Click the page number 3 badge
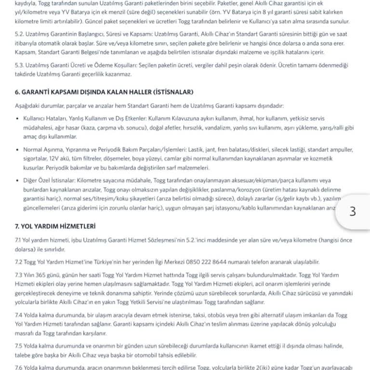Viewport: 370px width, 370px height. pyautogui.click(x=352, y=211)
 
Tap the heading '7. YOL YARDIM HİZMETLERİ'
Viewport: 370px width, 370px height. pyautogui.click(x=55, y=226)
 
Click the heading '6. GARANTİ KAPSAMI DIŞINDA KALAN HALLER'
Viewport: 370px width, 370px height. pyautogui.click(x=104, y=92)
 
